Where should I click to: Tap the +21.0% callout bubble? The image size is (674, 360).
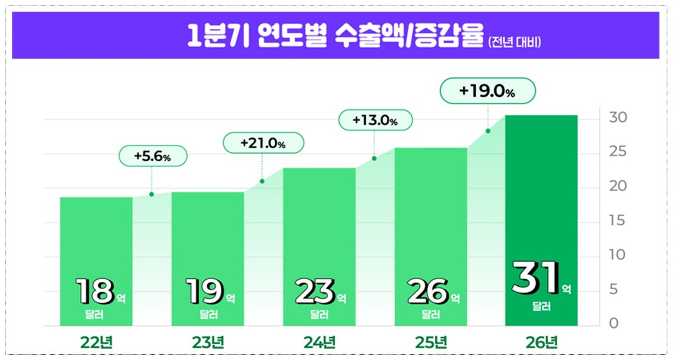263,143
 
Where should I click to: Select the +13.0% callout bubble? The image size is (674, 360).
375,120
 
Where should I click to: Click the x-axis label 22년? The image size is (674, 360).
97,341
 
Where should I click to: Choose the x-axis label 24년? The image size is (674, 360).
319,341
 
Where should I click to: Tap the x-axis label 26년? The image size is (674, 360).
541,341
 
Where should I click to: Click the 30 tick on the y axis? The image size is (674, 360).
617,118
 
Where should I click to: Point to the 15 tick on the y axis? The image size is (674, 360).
617,221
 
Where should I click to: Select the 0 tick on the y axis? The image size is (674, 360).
613,323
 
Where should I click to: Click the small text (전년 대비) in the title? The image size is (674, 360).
514,42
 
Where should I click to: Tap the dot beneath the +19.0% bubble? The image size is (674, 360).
488,131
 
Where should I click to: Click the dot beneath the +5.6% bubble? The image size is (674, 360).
152,194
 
